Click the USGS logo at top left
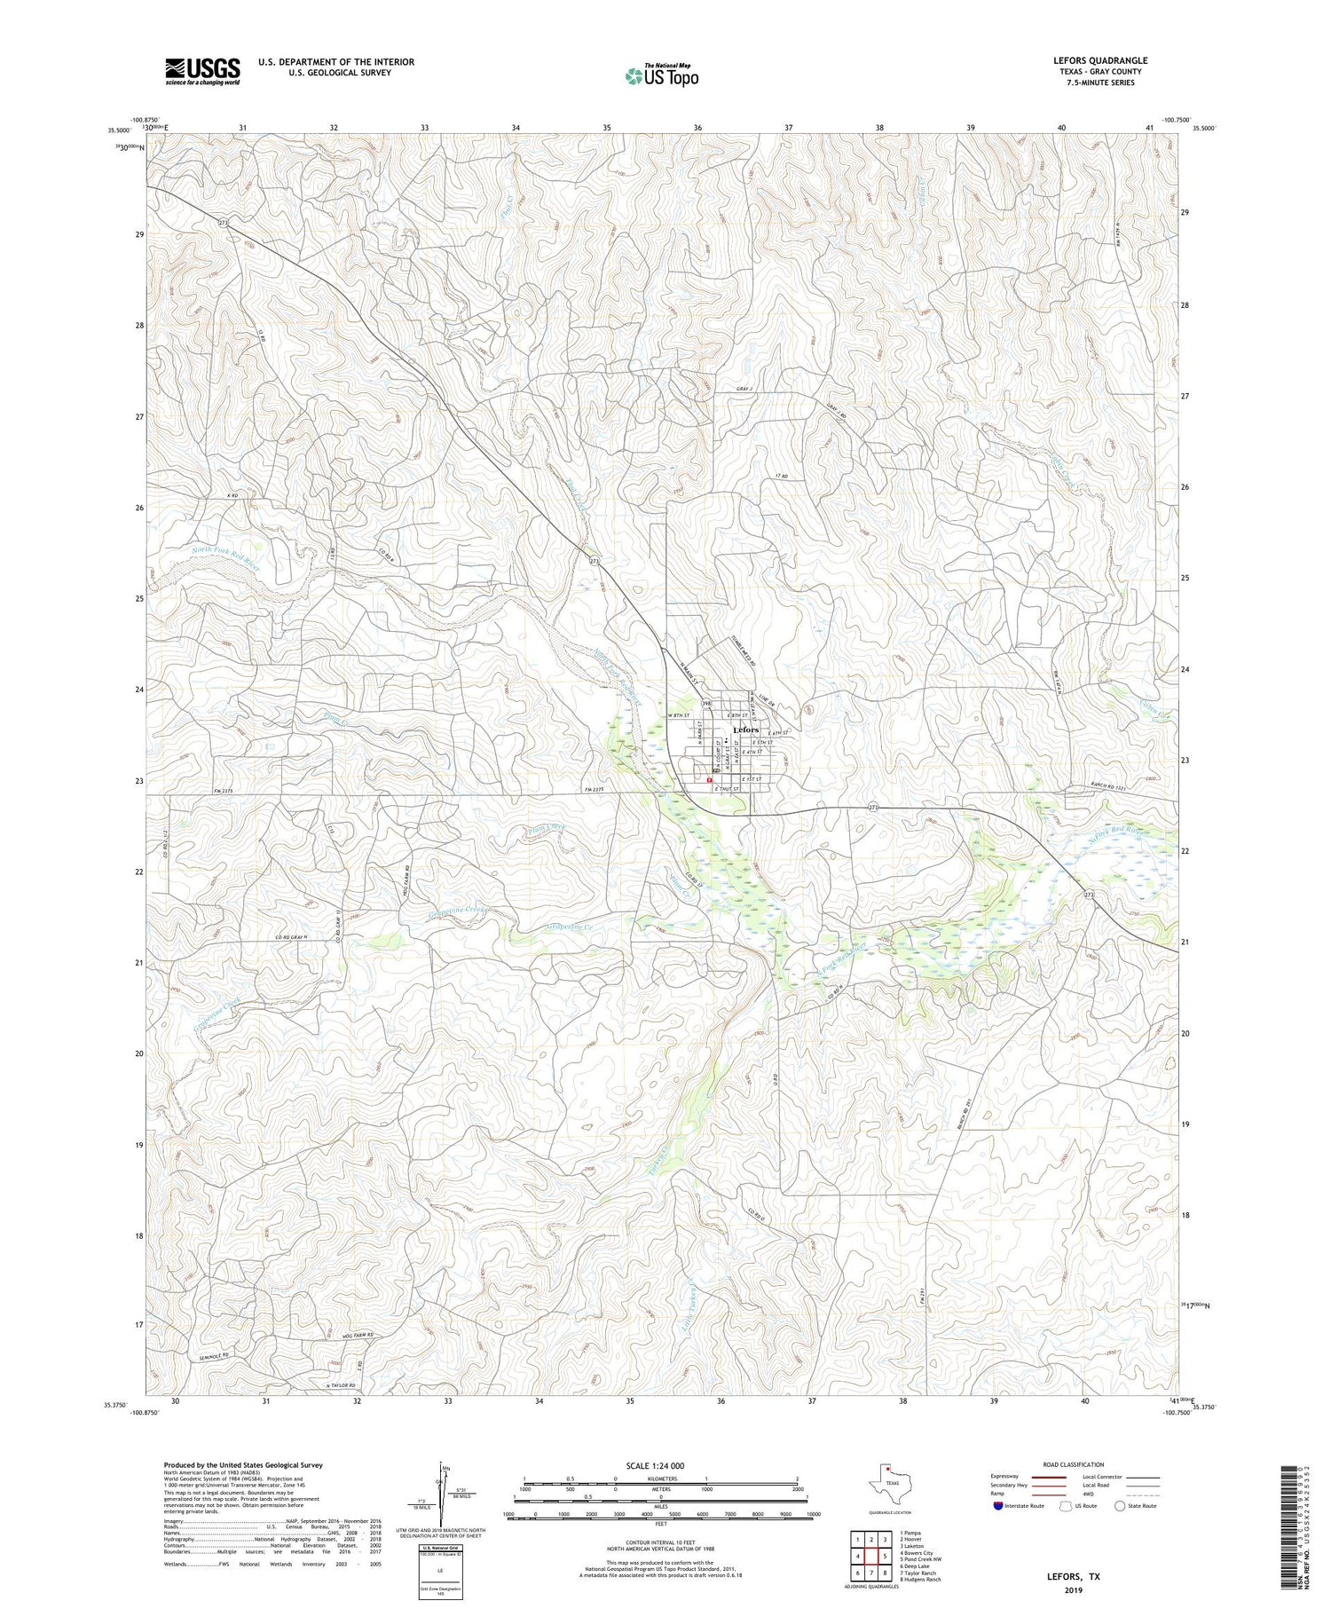pos(202,71)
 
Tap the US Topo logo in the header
pos(661,76)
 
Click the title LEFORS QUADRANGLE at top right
pos(1099,60)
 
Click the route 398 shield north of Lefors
pos(707,702)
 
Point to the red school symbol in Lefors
pos(709,780)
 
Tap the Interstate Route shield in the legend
pos(998,1506)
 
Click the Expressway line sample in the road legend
pos(1048,1477)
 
